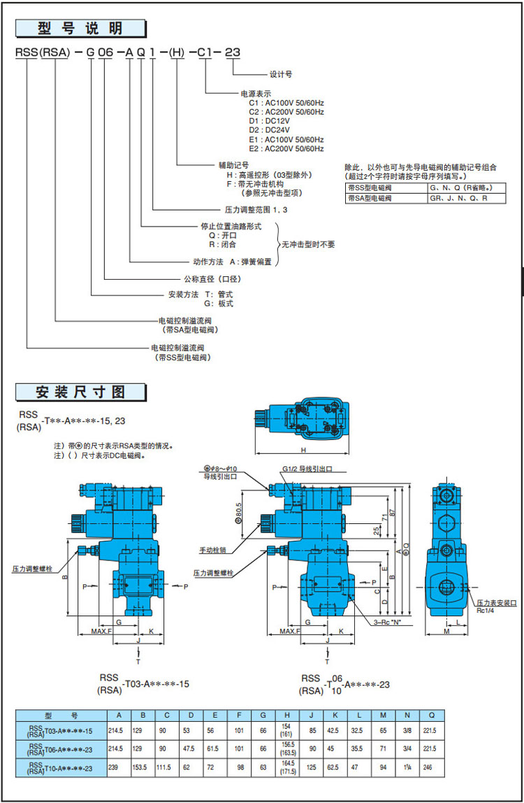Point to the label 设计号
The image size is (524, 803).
pyautogui.click(x=281, y=73)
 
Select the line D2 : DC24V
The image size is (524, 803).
pyautogui.click(x=265, y=129)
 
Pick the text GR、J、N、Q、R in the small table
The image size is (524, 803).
pyautogui.click(x=458, y=198)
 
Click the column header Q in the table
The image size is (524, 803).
pyautogui.click(x=432, y=716)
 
